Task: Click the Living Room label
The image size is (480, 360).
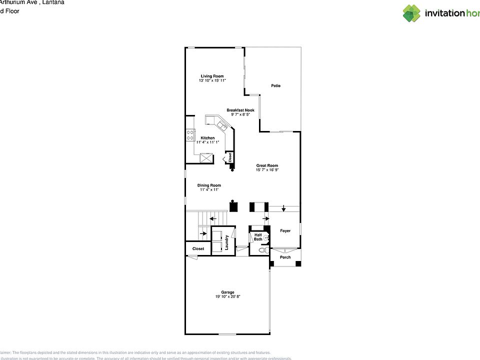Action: click(x=212, y=76)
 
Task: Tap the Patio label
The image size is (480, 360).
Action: click(x=275, y=85)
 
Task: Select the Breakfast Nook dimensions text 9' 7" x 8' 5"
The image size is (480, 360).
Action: click(x=240, y=114)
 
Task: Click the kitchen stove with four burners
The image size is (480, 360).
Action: click(x=190, y=134)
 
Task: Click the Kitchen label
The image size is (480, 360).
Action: click(x=207, y=138)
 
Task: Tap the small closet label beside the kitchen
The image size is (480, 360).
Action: click(x=229, y=157)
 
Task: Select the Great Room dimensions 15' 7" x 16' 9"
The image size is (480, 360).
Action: click(x=267, y=170)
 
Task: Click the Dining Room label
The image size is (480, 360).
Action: click(x=209, y=185)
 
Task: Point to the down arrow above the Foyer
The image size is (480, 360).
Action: click(x=284, y=208)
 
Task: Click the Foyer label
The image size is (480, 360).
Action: click(x=285, y=230)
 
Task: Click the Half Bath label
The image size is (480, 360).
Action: click(x=258, y=237)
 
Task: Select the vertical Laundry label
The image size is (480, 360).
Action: click(x=227, y=242)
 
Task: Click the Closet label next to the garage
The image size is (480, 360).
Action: click(x=198, y=248)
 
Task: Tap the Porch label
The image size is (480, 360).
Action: click(x=285, y=257)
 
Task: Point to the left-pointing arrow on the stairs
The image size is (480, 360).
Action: click(x=212, y=218)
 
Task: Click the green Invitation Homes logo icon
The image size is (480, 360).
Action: click(x=411, y=13)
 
